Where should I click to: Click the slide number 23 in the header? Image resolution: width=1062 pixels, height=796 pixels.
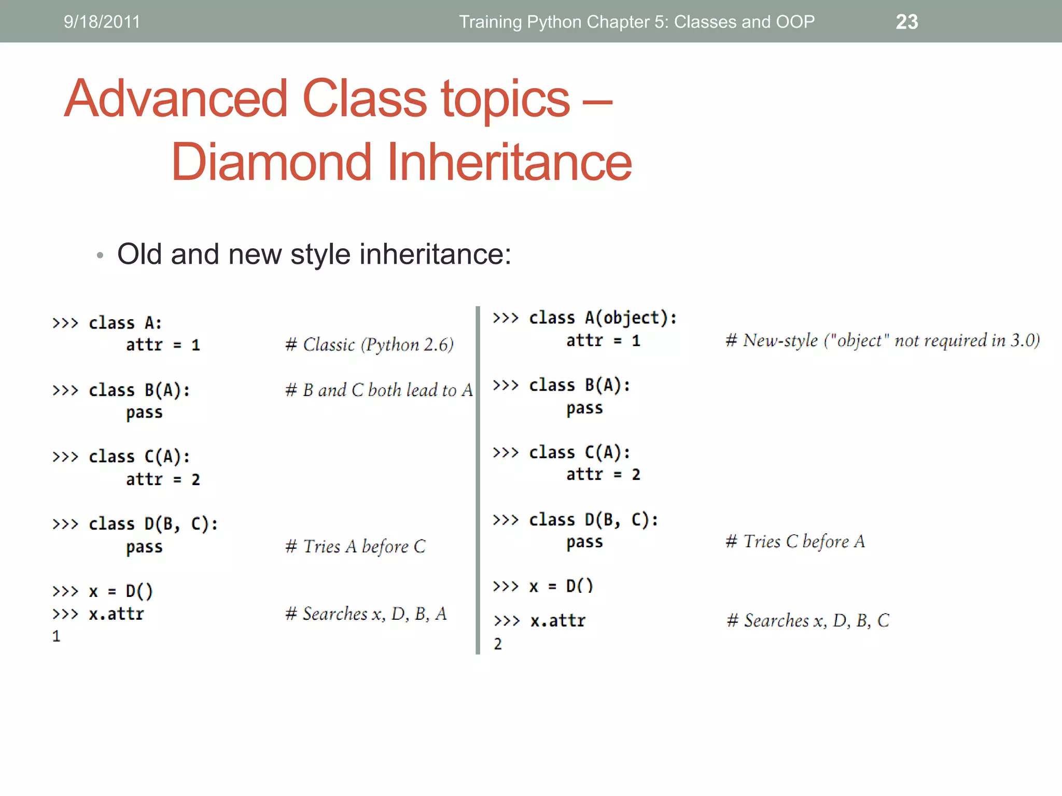906,22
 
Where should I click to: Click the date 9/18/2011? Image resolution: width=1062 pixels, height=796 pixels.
102,22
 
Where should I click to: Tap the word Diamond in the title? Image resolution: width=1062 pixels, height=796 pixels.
272,162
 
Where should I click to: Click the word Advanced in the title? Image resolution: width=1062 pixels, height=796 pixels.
176,98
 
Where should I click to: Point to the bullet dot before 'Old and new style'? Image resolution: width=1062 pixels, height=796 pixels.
100,255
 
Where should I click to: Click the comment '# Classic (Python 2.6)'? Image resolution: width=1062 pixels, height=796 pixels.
369,345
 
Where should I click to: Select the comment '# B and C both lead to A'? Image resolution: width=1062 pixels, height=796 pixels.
379,390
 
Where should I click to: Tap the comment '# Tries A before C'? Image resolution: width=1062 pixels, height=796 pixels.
355,546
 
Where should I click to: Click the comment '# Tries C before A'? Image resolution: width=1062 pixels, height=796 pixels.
795,542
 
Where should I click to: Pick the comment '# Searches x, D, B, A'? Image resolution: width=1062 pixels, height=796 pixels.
366,614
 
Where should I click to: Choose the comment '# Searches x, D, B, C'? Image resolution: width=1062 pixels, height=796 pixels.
807,620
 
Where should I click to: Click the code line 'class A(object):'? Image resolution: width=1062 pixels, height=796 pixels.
603,318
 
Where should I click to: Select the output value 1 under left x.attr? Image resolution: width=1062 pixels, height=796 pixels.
56,636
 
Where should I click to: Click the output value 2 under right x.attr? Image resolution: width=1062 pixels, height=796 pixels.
497,644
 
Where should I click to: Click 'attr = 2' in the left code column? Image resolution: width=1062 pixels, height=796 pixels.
162,479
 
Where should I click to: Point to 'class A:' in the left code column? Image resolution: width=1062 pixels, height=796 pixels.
125,323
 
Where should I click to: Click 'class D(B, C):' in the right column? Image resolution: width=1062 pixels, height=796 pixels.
593,519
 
